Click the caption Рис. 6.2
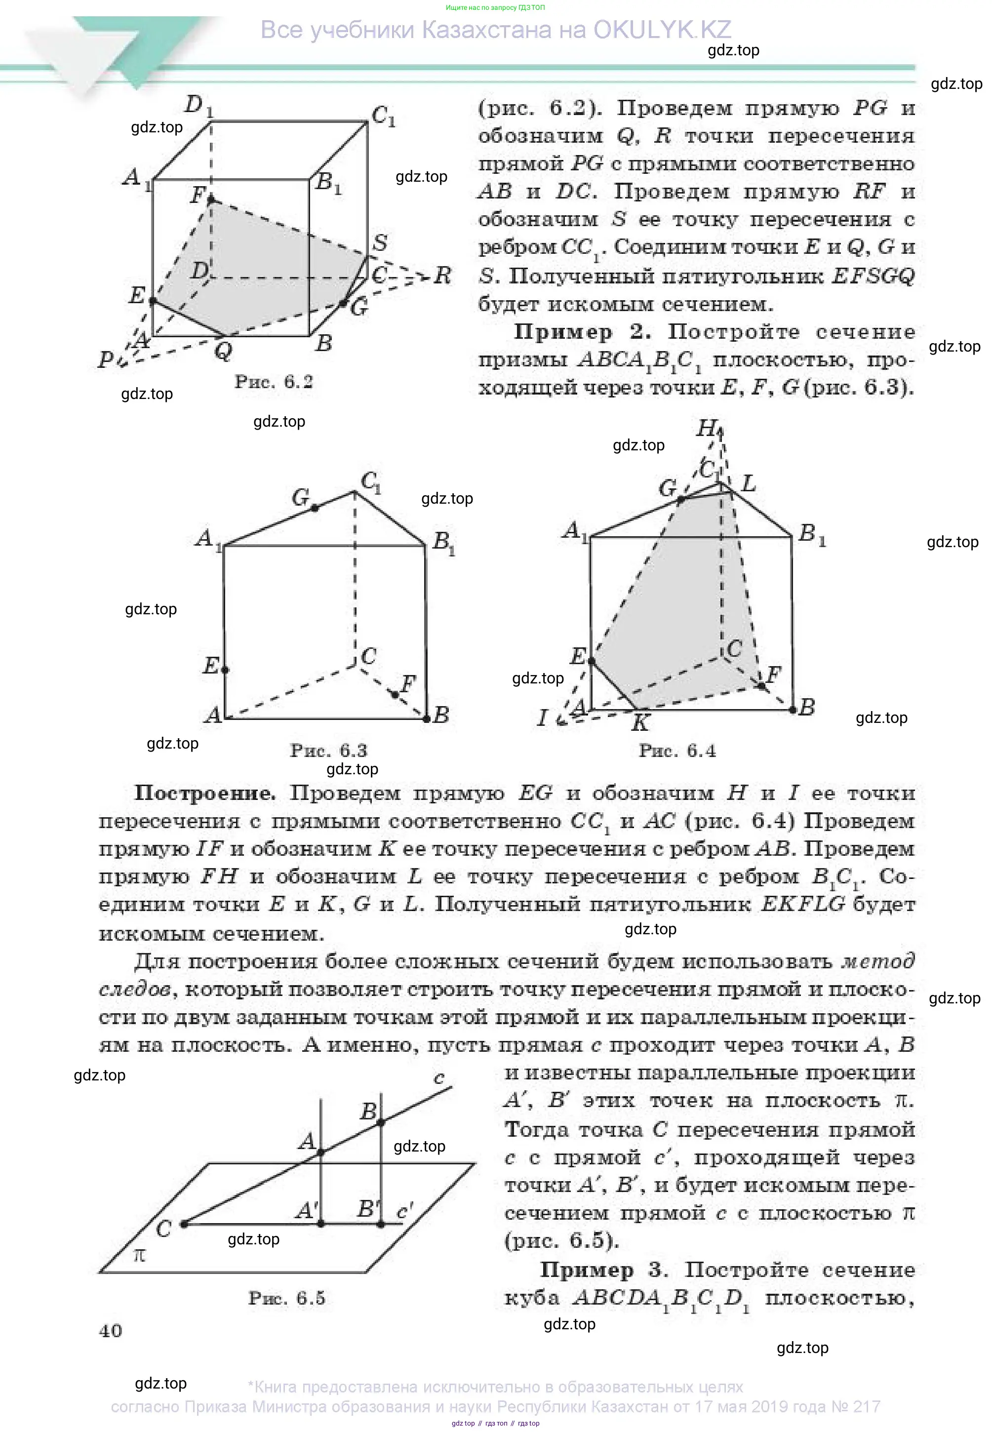click(x=274, y=382)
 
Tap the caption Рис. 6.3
click(x=329, y=750)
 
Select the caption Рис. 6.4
click(x=677, y=751)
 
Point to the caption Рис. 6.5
click(x=286, y=1298)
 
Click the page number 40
click(x=111, y=1331)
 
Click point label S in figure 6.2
click(x=380, y=242)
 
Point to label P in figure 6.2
click(x=106, y=359)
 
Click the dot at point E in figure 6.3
click(x=225, y=670)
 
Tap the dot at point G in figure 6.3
click(x=315, y=508)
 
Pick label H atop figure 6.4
click(x=707, y=428)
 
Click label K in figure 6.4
click(x=640, y=722)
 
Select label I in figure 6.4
click(x=542, y=718)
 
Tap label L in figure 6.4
click(x=749, y=483)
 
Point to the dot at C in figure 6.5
click(x=184, y=1224)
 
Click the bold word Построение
click(x=204, y=793)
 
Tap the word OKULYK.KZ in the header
click(x=662, y=30)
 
